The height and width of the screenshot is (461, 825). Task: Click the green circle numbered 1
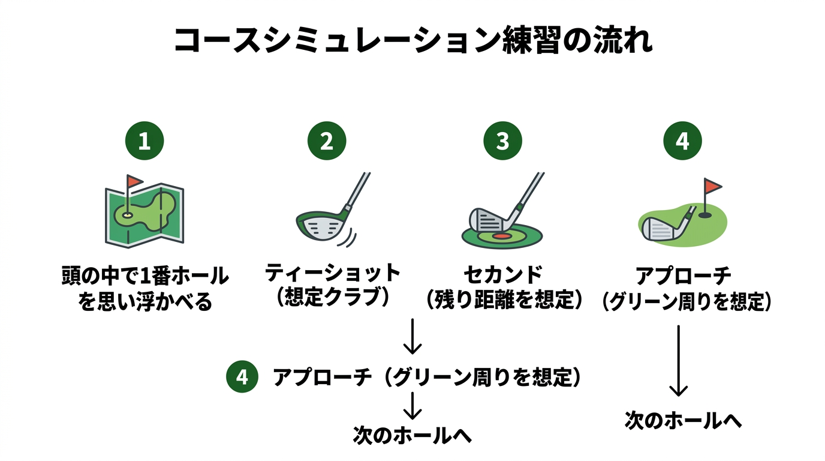click(144, 141)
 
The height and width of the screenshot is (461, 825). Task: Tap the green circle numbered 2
click(327, 141)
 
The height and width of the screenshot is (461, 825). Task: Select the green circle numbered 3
click(502, 141)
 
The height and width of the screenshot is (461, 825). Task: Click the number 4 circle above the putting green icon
click(682, 141)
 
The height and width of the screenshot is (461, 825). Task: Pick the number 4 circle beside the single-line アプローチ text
click(242, 377)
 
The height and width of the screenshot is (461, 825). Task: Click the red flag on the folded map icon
click(135, 181)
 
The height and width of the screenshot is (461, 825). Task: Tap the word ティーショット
click(333, 274)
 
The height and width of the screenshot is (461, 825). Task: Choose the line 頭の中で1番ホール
click(145, 276)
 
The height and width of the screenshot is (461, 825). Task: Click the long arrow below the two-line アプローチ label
click(678, 360)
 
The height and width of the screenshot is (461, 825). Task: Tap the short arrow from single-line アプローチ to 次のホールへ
click(412, 405)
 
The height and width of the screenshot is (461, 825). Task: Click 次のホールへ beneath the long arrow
click(683, 420)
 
